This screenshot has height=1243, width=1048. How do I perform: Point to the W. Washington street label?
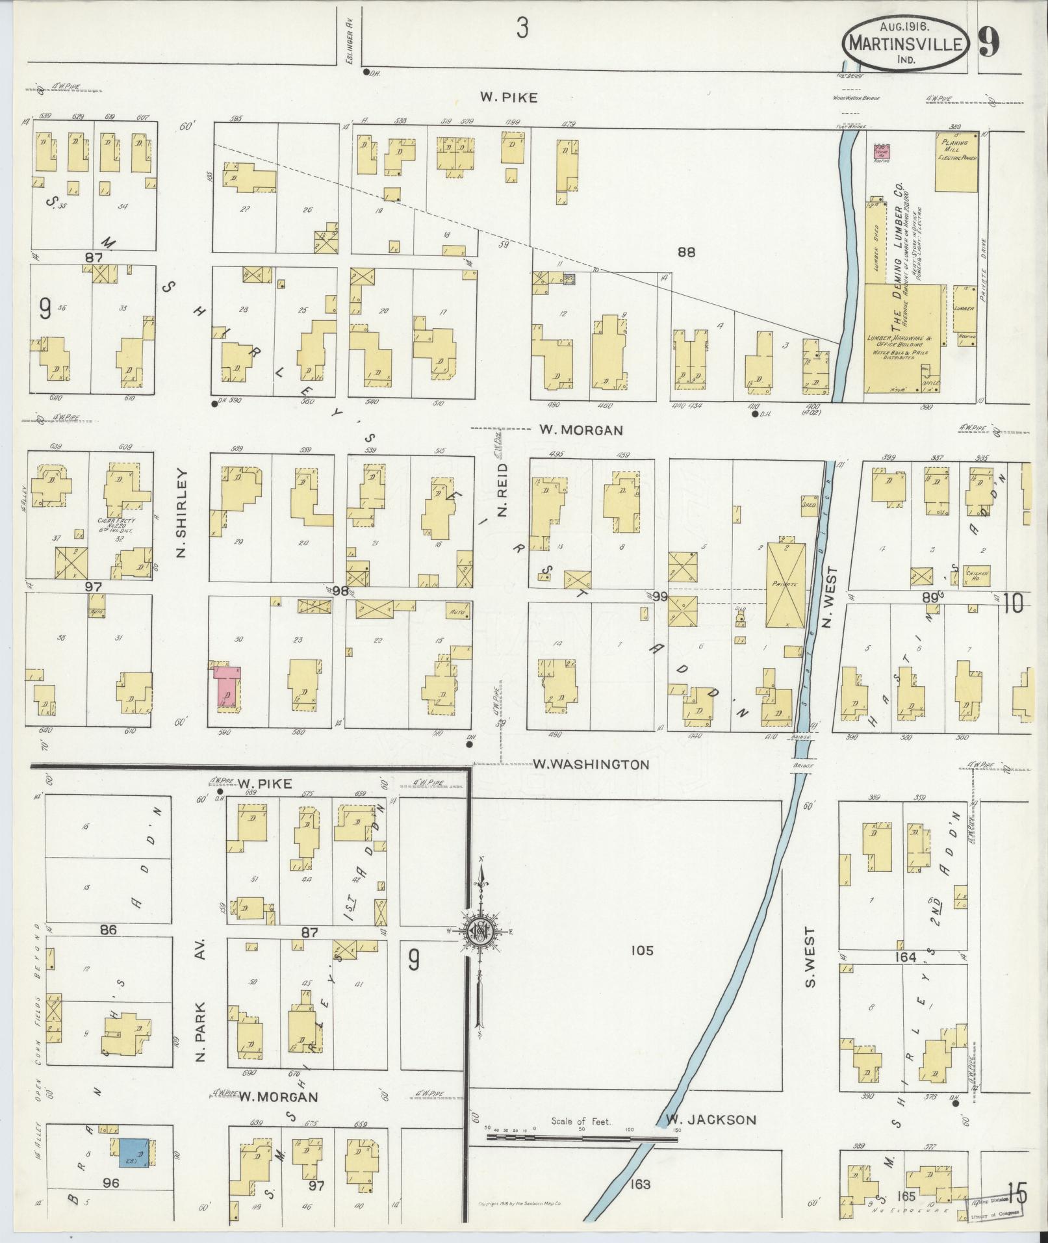click(590, 764)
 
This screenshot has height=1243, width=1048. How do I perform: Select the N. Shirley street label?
click(181, 513)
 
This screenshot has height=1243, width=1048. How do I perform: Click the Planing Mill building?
click(956, 162)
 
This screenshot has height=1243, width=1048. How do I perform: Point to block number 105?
click(641, 951)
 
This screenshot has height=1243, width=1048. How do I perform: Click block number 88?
click(686, 253)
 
